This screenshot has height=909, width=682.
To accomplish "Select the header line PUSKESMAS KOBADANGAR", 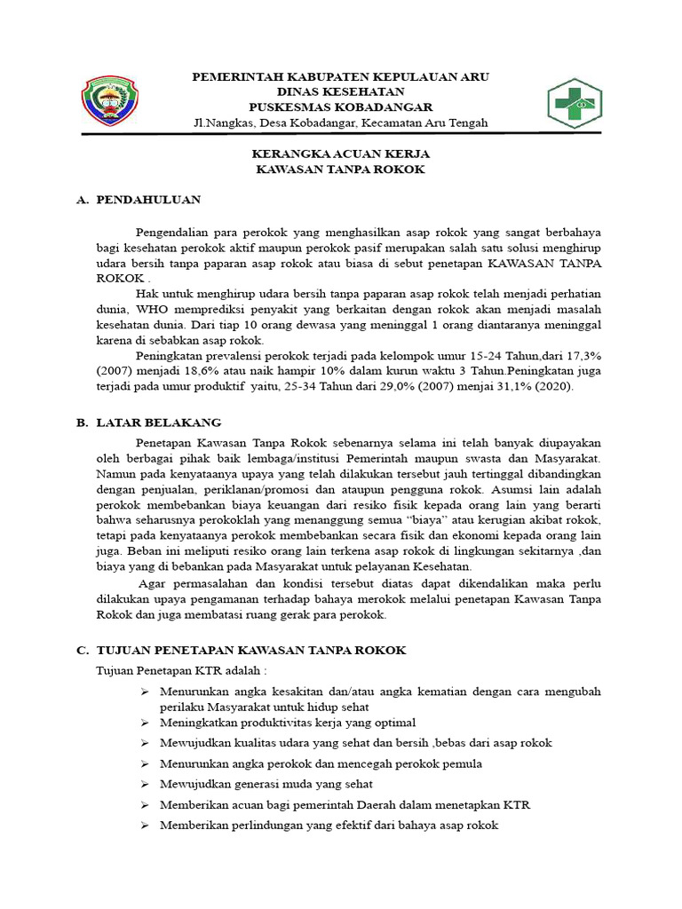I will click(x=341, y=107).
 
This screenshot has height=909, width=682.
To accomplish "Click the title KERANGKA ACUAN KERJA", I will click(x=341, y=154).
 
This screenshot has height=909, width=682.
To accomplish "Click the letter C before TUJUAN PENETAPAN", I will click(x=81, y=651).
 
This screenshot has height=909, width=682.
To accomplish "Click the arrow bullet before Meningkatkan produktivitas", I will click(x=145, y=723).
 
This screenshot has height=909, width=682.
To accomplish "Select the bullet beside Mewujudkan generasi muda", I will click(x=145, y=785).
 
